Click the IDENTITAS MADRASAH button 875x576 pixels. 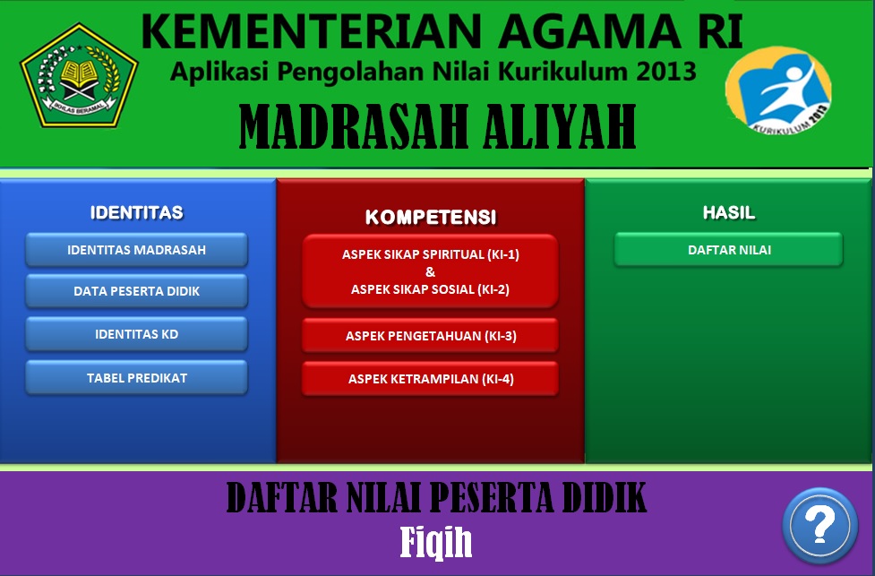coord(136,250)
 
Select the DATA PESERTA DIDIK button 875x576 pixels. coord(136,291)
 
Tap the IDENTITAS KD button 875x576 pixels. coord(136,334)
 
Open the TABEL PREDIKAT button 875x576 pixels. coord(136,377)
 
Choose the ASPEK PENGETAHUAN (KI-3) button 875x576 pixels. coord(430,336)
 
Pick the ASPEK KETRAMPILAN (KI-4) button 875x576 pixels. coord(430,379)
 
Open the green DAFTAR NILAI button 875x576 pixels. coord(728,250)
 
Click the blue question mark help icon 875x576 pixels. coord(819,524)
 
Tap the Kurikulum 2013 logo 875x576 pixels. coord(779,90)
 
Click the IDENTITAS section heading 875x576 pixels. coord(136,212)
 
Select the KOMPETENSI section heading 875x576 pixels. coord(430,217)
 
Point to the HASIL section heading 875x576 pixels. coord(728,212)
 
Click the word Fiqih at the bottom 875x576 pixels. coord(436,540)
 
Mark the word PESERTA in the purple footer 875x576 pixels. coord(489,497)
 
